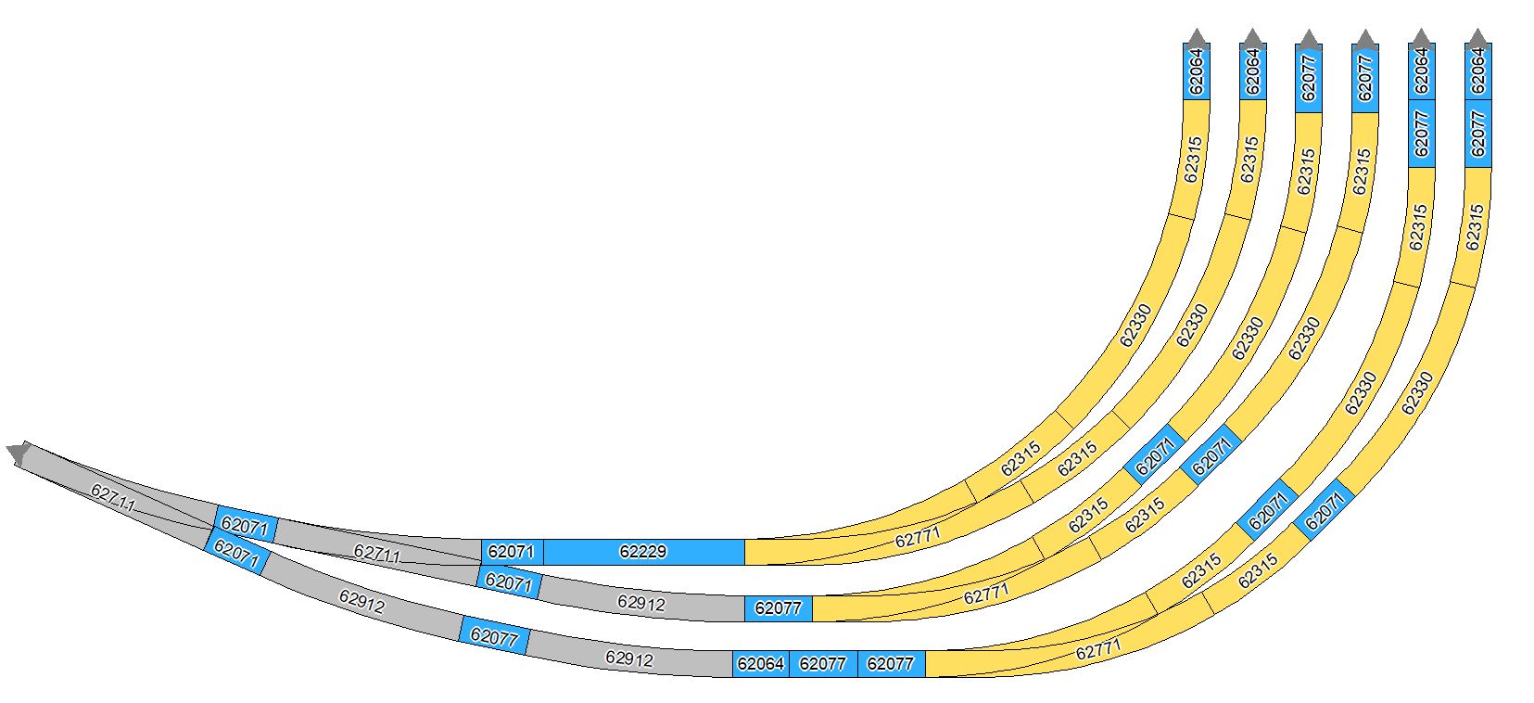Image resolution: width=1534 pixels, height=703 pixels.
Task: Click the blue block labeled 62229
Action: (644, 552)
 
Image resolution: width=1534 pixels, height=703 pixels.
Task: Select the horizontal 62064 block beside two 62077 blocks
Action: (760, 664)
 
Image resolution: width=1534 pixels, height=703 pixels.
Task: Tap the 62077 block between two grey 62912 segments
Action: (494, 636)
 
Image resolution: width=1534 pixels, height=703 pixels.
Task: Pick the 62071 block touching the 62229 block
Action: (512, 552)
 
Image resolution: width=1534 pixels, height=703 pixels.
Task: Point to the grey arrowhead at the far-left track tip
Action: (18, 453)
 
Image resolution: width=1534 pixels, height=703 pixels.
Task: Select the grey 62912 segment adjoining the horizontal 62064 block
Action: (629, 659)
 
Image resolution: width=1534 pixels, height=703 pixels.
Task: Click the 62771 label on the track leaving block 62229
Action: (918, 537)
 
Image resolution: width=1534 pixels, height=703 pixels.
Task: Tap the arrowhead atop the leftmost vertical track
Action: (1197, 38)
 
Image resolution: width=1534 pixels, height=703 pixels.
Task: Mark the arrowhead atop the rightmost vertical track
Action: (1477, 38)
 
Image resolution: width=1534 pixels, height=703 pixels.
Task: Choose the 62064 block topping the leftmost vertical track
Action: (1197, 71)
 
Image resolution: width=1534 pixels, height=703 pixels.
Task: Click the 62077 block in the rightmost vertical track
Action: (1477, 134)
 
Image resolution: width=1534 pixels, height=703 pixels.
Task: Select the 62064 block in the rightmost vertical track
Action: (1477, 71)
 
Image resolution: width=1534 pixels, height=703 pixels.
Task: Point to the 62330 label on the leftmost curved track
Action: (1135, 326)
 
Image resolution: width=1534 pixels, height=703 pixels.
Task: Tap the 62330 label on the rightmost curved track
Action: (1417, 392)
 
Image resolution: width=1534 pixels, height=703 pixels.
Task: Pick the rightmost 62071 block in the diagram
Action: (1325, 510)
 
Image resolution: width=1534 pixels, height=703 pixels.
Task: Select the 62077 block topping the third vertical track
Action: (1309, 77)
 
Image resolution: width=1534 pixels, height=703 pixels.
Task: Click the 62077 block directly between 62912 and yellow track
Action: (779, 608)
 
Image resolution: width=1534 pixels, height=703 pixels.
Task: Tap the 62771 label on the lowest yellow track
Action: (1098, 649)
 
